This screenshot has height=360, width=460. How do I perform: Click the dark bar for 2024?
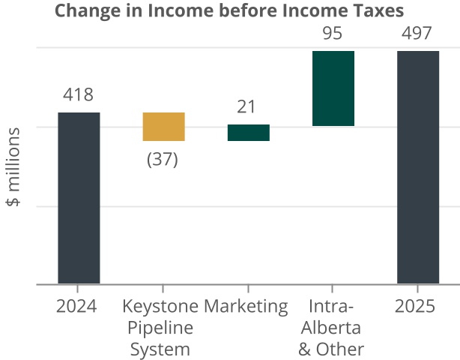click(79, 198)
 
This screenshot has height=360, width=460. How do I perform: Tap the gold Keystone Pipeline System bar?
click(163, 126)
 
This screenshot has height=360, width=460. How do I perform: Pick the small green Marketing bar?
click(248, 132)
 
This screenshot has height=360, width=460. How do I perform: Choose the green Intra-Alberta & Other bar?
click(333, 88)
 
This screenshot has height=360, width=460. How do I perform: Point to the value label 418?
click(78, 95)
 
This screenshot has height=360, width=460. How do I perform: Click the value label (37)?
click(163, 160)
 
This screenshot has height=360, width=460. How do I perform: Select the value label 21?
click(246, 107)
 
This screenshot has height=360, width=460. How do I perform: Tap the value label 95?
click(332, 33)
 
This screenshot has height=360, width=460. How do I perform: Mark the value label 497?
click(417, 33)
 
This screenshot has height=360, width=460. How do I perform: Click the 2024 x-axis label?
click(77, 306)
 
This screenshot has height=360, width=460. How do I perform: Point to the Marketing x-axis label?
click(246, 306)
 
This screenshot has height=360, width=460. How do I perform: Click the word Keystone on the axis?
click(161, 306)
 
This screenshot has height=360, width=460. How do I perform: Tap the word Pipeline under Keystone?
click(160, 328)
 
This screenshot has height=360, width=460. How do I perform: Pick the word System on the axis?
click(160, 349)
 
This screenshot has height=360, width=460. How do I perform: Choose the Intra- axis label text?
click(330, 306)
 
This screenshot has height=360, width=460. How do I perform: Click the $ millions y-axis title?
click(13, 166)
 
